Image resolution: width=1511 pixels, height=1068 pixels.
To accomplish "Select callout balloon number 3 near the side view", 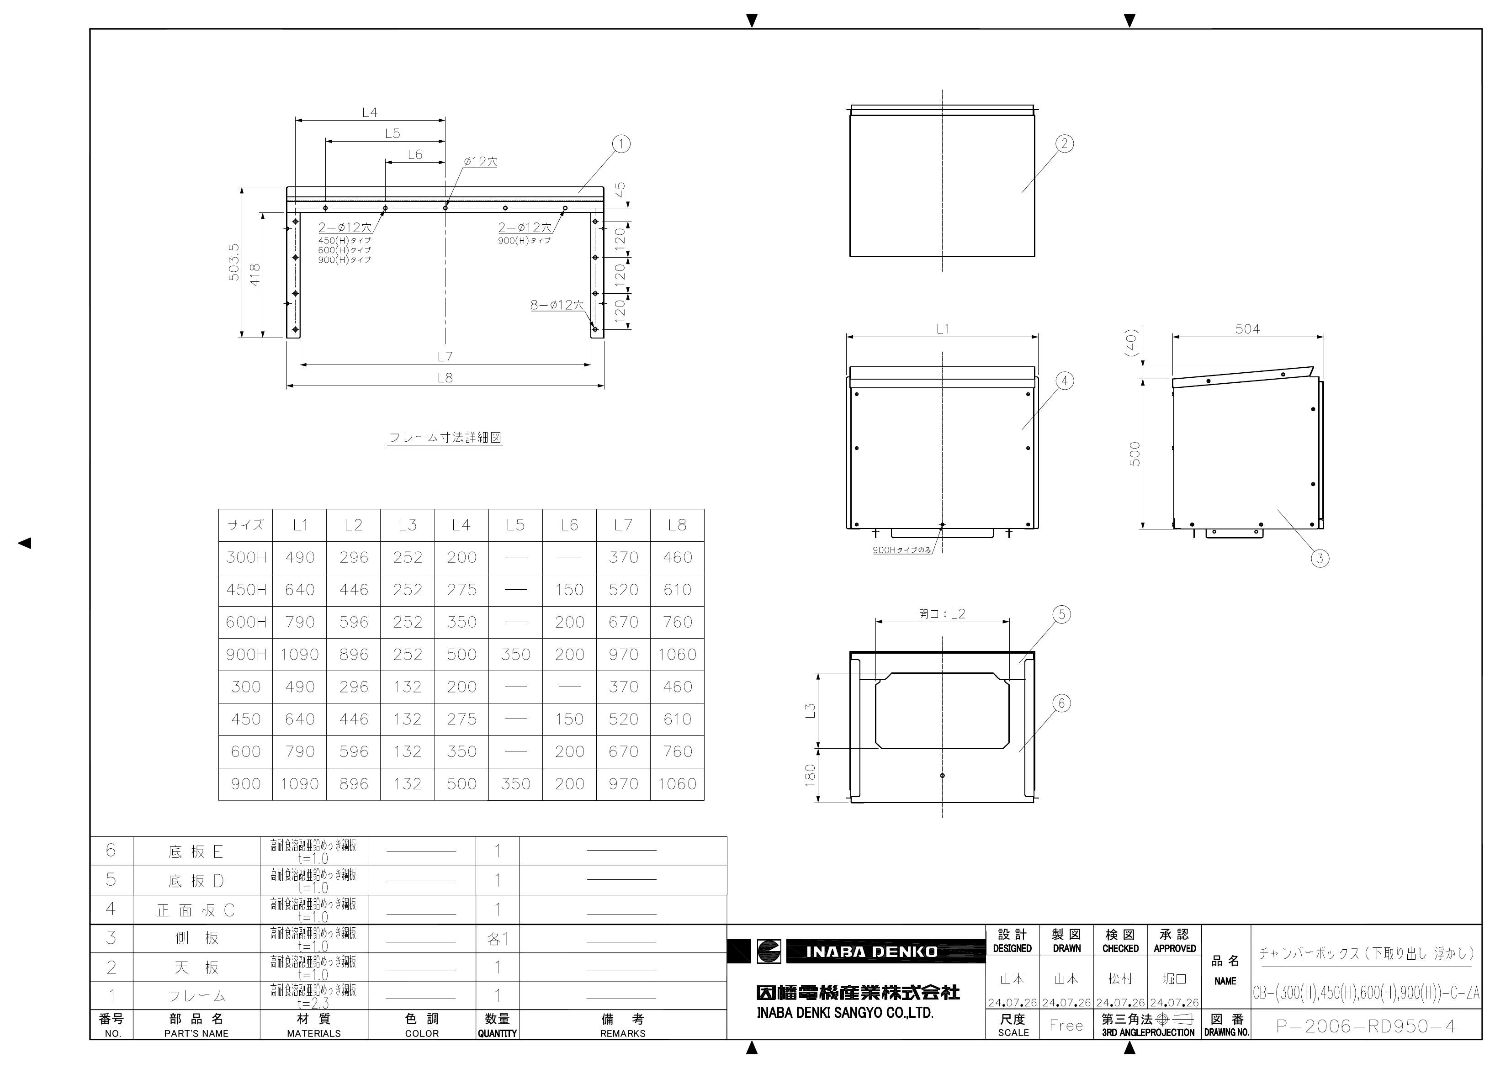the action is point(1320,559).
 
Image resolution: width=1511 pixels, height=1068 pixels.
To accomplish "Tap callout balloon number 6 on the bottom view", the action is point(1061,703).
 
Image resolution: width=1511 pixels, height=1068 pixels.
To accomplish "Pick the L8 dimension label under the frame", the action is point(445,378).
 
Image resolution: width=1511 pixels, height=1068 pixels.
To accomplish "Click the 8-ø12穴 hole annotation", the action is point(557,305).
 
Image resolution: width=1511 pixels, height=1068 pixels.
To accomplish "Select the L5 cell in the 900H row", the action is point(515,655).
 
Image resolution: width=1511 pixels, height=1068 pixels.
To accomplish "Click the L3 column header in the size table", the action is point(408,525).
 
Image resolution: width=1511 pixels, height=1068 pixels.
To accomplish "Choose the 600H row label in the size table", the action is point(246,622).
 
